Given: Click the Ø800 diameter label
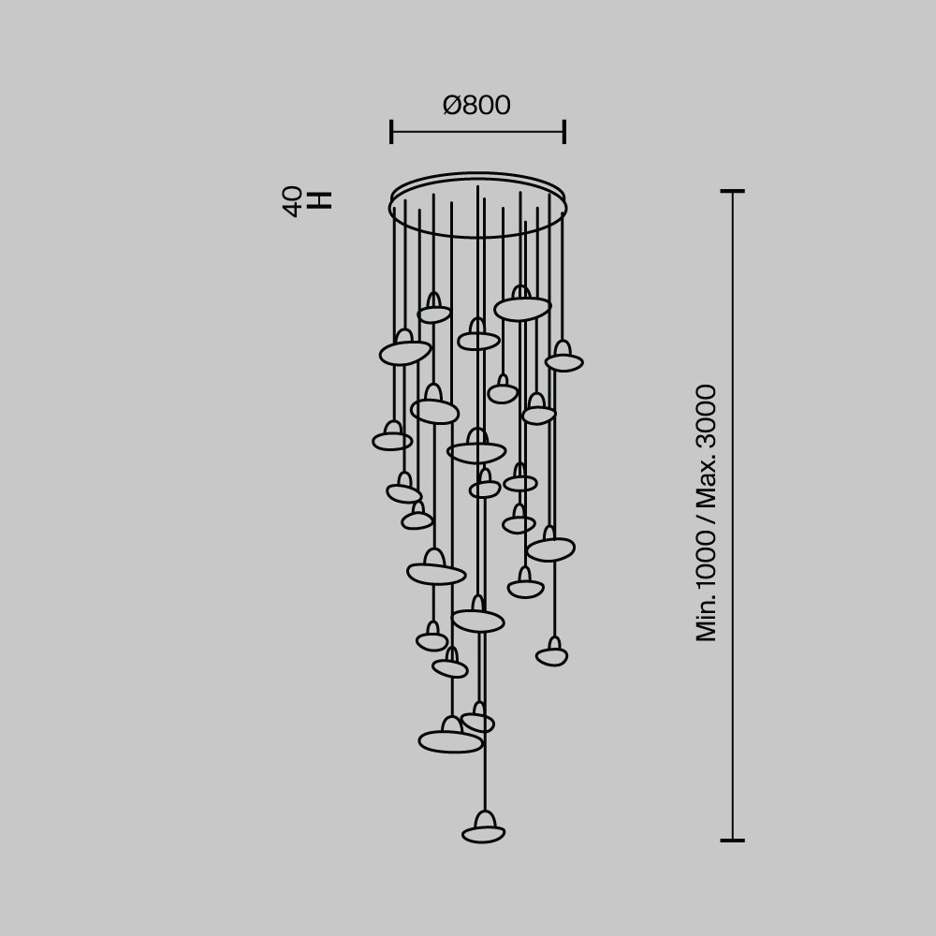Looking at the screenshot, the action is (x=476, y=105).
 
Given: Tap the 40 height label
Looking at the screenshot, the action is (x=292, y=201).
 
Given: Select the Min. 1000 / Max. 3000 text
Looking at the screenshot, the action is (x=706, y=513).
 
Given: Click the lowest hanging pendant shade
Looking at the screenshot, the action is (x=484, y=826).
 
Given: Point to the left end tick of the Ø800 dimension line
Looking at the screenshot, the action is (x=391, y=132).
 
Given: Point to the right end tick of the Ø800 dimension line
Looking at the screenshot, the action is (x=564, y=132).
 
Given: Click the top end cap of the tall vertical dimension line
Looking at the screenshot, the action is (x=733, y=191).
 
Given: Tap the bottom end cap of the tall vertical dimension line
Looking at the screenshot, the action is (x=733, y=840).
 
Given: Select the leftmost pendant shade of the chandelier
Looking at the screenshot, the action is (x=392, y=436).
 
